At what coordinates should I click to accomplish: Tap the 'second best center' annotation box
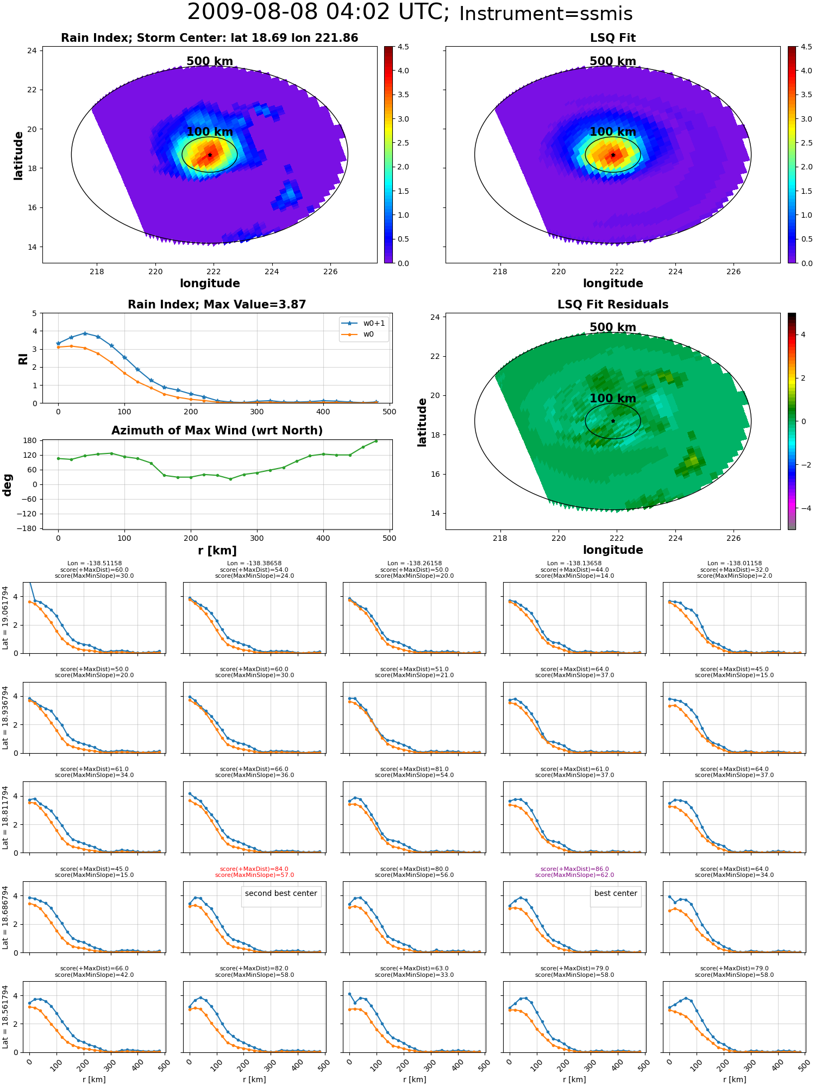(x=281, y=893)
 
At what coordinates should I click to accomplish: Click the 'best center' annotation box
(x=616, y=893)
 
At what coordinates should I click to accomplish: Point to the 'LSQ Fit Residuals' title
(x=613, y=305)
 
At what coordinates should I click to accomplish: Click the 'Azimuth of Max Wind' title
(x=217, y=431)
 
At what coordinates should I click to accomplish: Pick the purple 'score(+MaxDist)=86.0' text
(x=574, y=869)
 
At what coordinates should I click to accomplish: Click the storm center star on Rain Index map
(x=210, y=155)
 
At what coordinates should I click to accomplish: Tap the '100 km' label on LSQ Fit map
(x=613, y=132)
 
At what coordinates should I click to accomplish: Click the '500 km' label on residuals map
(x=613, y=327)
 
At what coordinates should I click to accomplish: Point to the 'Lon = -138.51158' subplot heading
(x=95, y=563)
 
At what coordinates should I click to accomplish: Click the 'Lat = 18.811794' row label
(x=5, y=818)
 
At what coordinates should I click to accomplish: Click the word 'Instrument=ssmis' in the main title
(x=546, y=14)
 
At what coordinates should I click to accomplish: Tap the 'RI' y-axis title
(x=23, y=359)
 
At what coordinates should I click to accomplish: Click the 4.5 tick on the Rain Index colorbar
(x=403, y=47)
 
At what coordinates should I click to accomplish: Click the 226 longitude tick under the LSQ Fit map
(x=733, y=271)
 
